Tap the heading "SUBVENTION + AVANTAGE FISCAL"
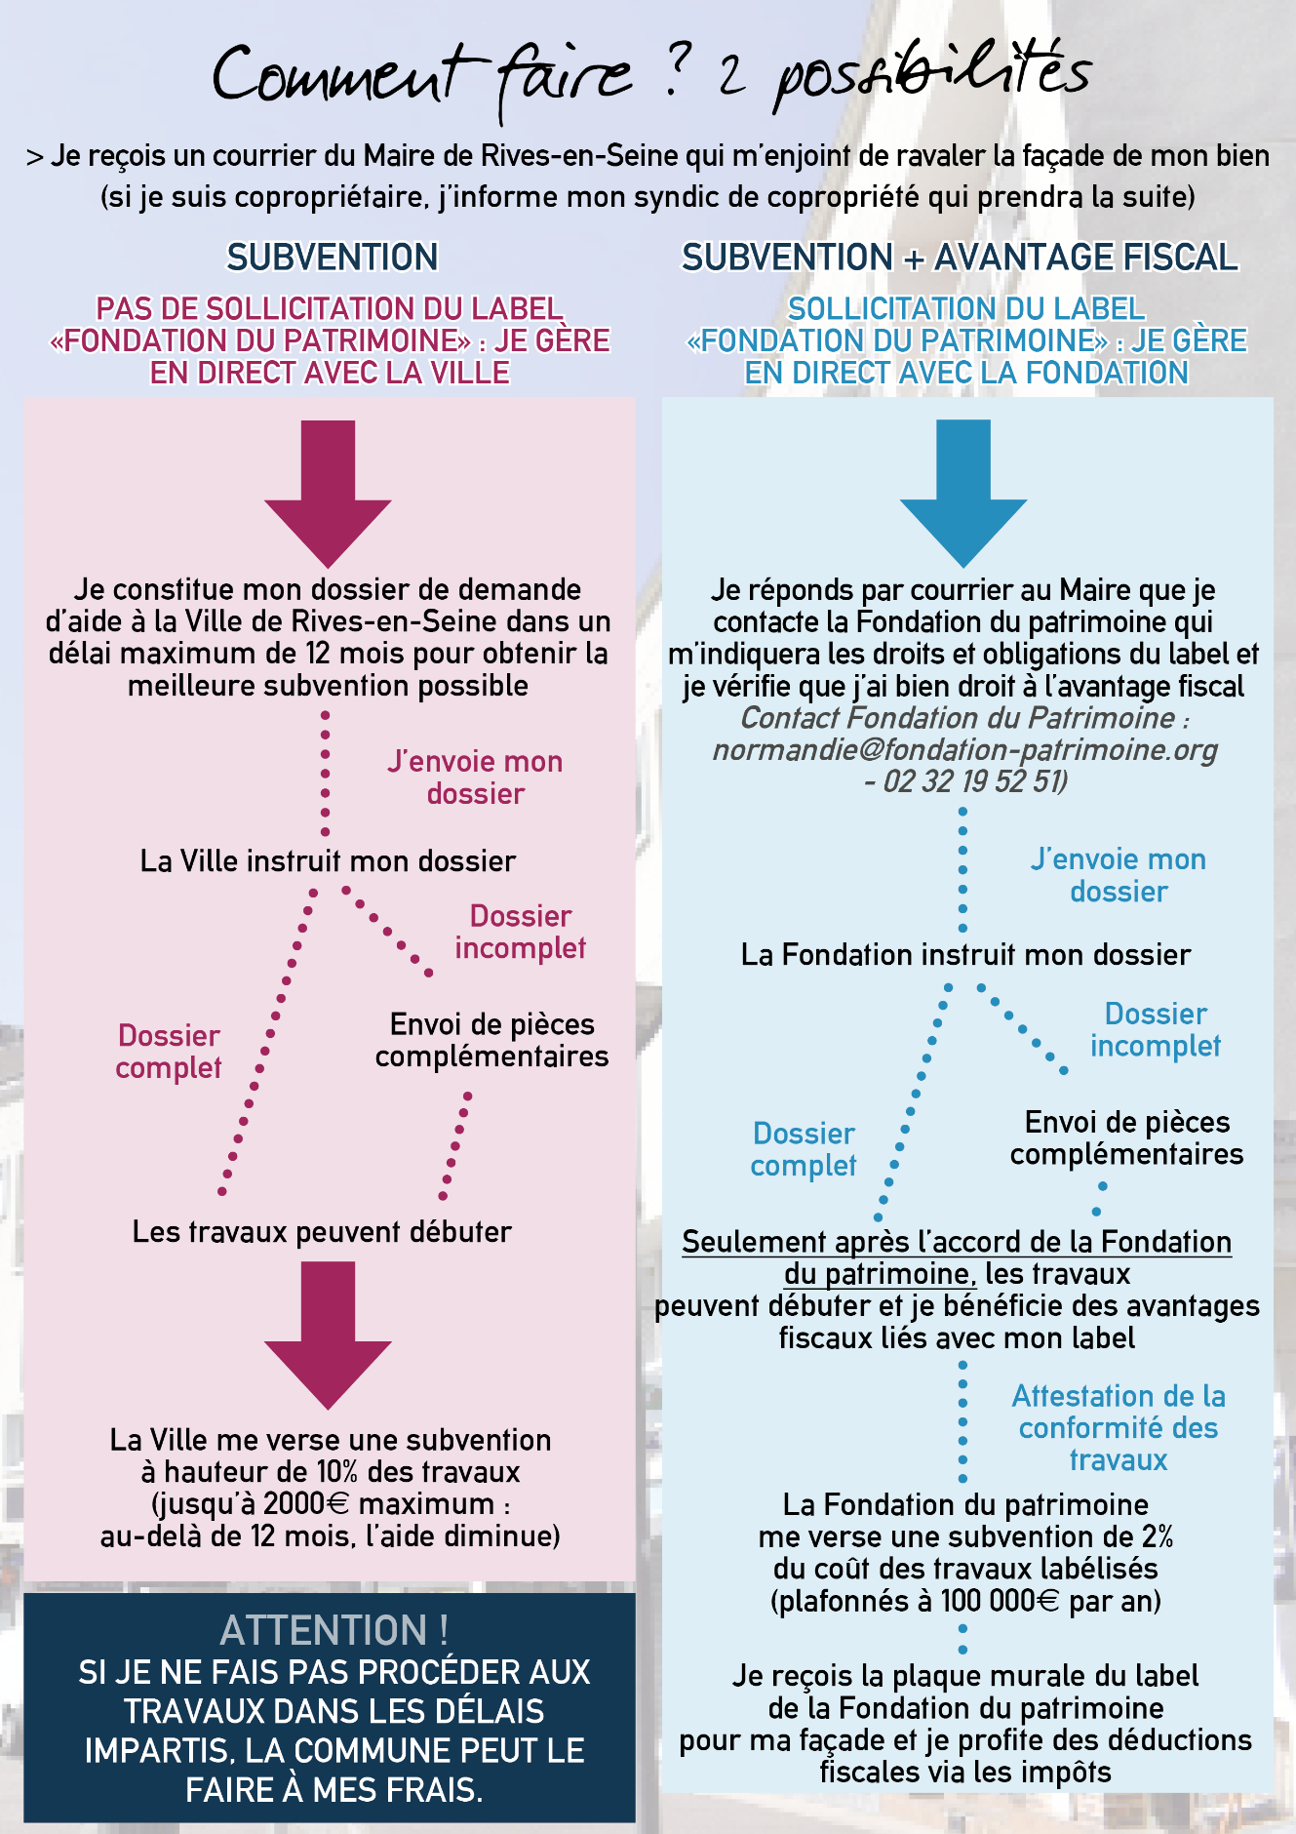coord(960,258)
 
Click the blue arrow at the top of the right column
coord(963,494)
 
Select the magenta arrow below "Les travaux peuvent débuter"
coord(328,1336)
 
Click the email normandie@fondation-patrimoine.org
coord(965,749)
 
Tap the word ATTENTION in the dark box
coord(325,1630)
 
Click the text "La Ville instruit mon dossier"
coord(328,861)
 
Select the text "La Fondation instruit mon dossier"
coord(965,955)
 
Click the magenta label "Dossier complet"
coord(169,1052)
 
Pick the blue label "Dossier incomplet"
coord(1156,1029)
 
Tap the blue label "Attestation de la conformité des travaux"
coord(1119,1428)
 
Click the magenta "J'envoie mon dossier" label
coord(475,777)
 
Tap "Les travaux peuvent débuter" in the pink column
coord(322,1232)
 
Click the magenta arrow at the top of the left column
coord(328,494)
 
